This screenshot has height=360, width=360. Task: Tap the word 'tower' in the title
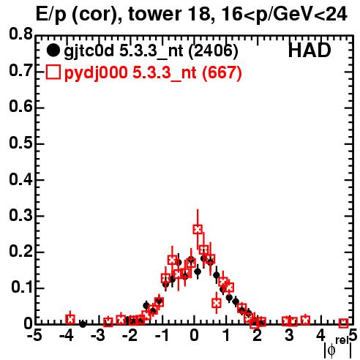point(150,14)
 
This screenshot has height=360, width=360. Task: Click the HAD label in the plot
point(310,50)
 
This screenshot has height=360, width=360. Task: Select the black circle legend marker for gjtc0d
point(53,50)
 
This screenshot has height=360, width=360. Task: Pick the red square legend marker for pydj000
point(53,72)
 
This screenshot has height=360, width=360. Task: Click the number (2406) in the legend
point(214,50)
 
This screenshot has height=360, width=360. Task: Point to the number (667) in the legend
point(222,72)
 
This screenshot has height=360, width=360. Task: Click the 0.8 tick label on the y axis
point(20,34)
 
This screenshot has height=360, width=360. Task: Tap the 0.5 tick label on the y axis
point(20,143)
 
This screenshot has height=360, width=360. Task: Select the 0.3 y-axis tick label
point(20,215)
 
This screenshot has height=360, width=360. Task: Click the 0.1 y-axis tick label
point(22,288)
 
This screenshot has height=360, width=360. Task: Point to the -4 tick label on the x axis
point(67,336)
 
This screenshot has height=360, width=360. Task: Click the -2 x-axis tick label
point(130,336)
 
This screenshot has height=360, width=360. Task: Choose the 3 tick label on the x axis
point(289,336)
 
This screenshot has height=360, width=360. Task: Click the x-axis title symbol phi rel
point(338,348)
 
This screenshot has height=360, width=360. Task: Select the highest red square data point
point(198,229)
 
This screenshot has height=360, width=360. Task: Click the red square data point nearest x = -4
point(70,319)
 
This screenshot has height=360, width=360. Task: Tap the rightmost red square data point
point(343,323)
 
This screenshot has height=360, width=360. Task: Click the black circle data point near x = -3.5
point(83,324)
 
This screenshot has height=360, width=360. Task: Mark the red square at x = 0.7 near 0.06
point(217,303)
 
